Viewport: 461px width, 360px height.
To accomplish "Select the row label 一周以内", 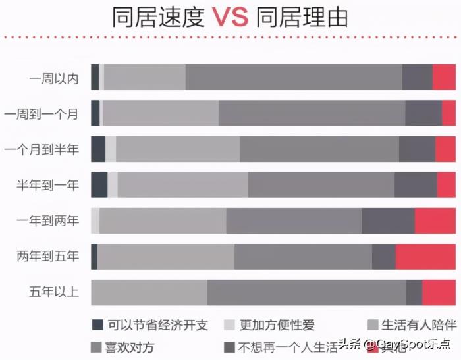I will tap(53, 78).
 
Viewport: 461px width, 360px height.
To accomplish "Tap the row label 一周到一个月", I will tap(41, 114).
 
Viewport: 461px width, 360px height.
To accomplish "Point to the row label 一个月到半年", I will tap(41, 149).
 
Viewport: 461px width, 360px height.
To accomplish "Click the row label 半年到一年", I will tap(47, 185).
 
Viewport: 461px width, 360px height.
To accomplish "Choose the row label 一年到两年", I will tap(47, 220).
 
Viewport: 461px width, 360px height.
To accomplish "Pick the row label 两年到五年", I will tap(47, 256).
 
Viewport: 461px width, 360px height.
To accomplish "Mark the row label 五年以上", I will tap(53, 292).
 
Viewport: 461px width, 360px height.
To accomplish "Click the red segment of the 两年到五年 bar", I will tap(425, 256).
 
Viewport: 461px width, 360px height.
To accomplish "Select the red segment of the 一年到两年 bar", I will tap(435, 220).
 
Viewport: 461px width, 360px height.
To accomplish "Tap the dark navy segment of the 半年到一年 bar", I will tap(99, 185).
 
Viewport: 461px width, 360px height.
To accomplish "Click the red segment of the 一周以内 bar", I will tap(444, 78).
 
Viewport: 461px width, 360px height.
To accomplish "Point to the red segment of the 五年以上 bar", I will tap(439, 292).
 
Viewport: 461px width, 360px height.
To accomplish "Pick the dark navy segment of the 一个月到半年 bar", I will tap(97, 149).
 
